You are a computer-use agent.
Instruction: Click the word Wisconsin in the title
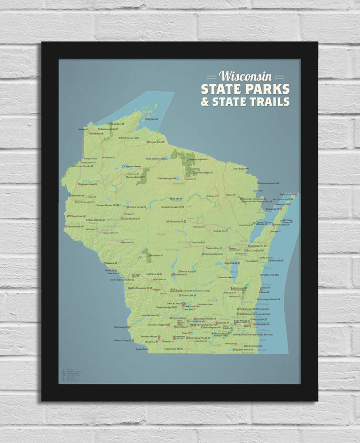tap(245, 76)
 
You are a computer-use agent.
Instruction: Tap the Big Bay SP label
tap(152, 119)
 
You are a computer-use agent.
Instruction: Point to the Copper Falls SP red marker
tap(148, 142)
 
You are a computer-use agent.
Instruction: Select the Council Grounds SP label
tap(171, 207)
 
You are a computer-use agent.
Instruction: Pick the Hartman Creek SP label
tap(213, 254)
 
